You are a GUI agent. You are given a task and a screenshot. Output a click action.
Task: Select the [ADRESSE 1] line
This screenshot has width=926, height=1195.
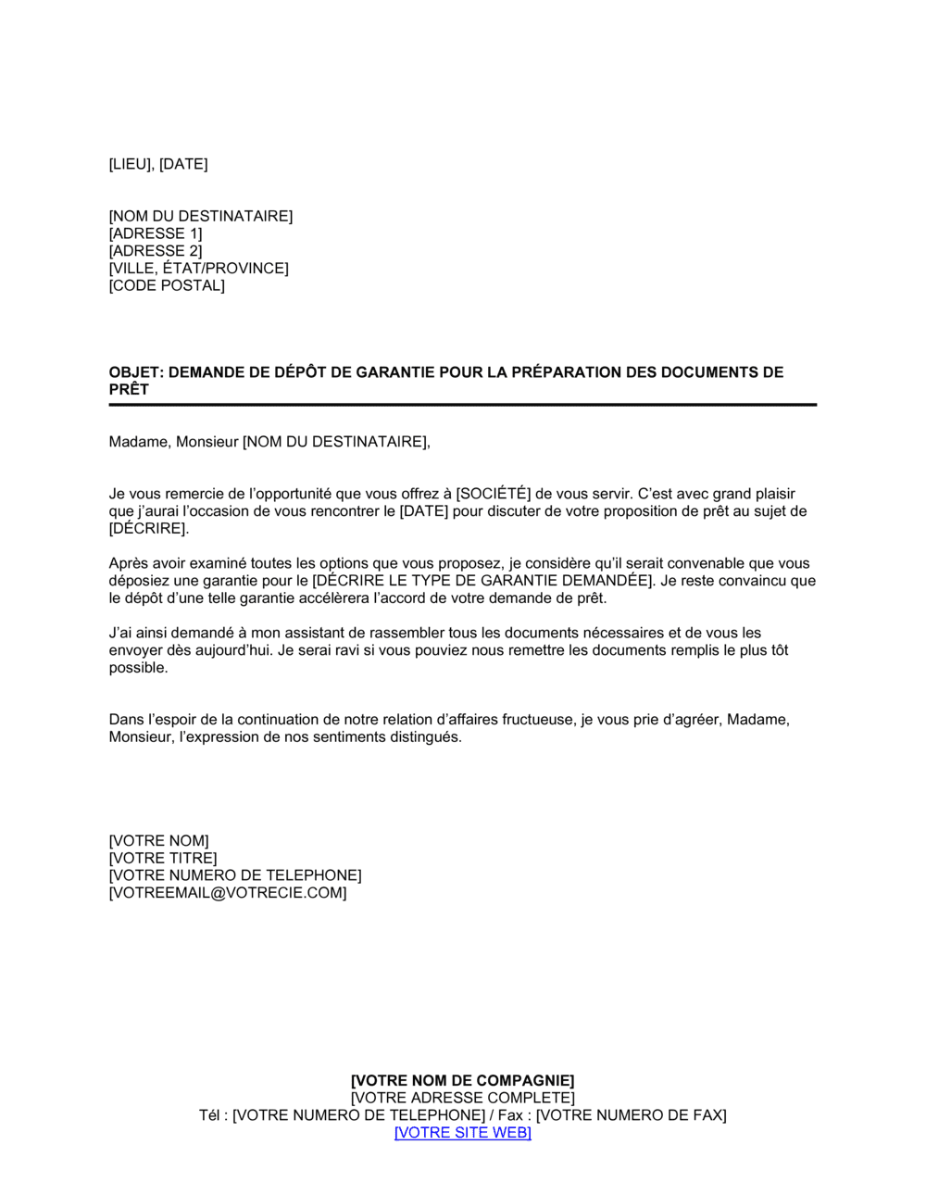click(155, 233)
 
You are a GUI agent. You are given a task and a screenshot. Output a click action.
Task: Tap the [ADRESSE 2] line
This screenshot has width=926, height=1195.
click(155, 251)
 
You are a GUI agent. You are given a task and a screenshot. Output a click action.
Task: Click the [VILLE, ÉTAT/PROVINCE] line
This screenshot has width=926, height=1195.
click(198, 269)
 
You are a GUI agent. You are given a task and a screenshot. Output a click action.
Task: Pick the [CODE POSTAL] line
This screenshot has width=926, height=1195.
click(167, 285)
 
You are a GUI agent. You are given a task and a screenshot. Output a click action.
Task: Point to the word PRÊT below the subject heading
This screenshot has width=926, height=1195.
click(129, 389)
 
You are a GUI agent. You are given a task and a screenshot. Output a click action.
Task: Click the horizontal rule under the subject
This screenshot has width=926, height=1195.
click(462, 405)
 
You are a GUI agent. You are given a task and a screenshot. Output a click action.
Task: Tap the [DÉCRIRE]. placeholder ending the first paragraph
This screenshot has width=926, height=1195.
click(148, 529)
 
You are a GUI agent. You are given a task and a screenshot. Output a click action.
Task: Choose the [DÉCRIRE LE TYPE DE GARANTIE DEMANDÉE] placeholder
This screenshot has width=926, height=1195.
click(482, 581)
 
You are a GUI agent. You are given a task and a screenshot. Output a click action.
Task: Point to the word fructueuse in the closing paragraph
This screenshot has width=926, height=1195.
click(538, 720)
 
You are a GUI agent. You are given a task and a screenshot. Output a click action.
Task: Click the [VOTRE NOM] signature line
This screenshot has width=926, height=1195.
click(158, 841)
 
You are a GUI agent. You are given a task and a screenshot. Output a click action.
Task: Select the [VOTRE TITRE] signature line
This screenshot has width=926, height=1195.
click(163, 859)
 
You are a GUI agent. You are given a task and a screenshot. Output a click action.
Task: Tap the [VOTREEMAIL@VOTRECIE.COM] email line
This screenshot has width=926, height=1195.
click(228, 893)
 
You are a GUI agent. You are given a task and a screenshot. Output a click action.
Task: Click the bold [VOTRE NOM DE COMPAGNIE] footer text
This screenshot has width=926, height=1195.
click(462, 1080)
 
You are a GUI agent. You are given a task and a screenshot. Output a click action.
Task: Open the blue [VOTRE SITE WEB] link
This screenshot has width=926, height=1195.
click(462, 1132)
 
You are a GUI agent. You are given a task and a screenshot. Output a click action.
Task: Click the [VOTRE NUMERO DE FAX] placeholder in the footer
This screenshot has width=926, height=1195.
click(632, 1115)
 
